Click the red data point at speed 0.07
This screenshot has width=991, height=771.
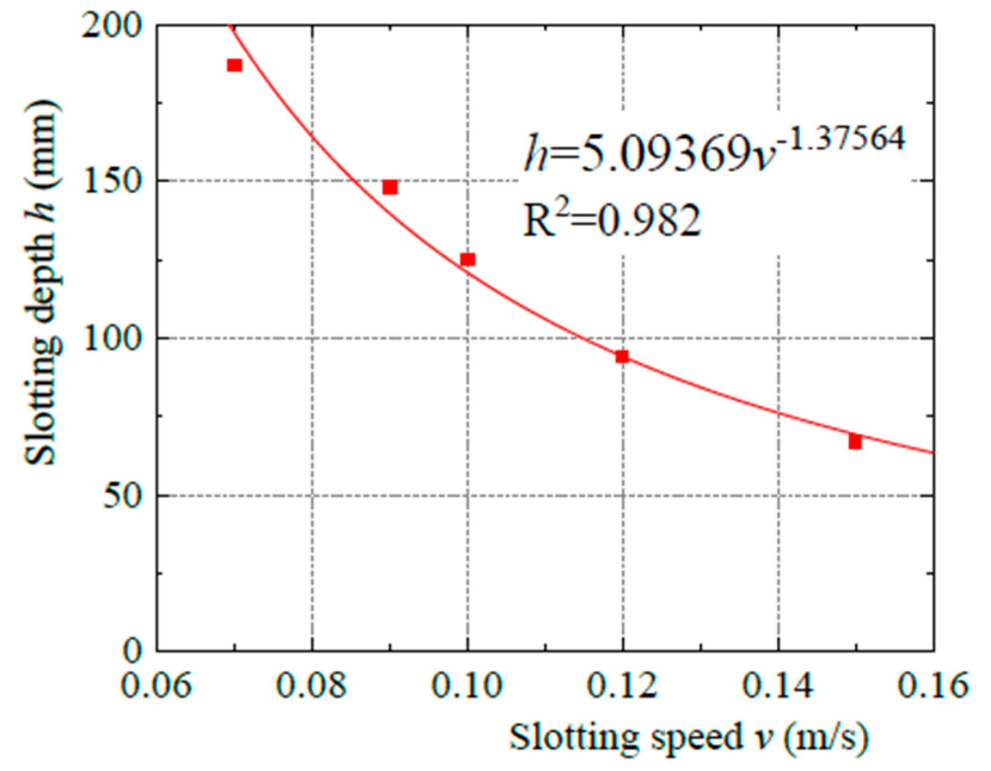[234, 65]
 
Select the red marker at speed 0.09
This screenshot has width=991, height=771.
[389, 187]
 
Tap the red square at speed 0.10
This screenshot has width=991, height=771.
[467, 259]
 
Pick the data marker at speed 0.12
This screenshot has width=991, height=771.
[622, 357]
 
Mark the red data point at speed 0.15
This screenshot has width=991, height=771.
[855, 442]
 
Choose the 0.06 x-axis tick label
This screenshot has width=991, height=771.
[157, 686]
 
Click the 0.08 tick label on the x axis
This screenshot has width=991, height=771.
[311, 686]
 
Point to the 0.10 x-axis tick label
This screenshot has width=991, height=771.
[467, 686]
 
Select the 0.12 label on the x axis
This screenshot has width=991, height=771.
[622, 686]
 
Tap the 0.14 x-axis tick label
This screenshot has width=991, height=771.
[778, 686]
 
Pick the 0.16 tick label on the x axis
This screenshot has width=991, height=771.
[932, 686]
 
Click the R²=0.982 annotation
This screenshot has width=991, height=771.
[611, 220]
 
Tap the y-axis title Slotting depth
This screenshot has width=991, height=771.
[42, 281]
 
